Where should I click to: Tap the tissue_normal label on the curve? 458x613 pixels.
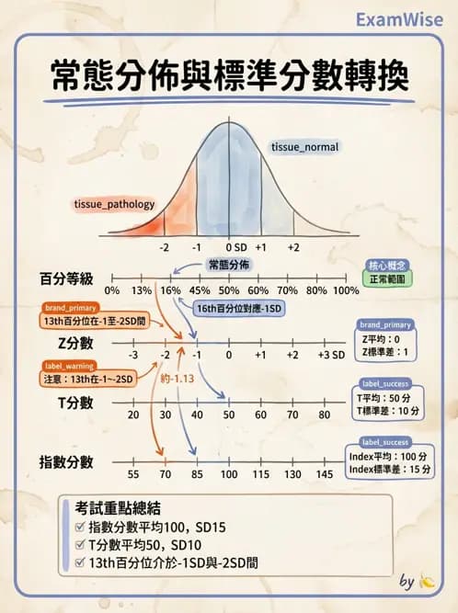point(304,147)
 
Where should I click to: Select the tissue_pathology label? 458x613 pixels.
point(114,204)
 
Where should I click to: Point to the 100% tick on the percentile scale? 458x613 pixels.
point(345,290)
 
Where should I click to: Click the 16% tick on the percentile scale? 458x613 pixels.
point(169,290)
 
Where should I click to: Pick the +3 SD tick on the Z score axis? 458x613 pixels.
point(330,355)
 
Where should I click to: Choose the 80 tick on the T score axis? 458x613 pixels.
point(325,414)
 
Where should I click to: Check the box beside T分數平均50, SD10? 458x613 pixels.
point(82,543)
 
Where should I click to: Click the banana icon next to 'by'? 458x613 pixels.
point(427,581)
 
